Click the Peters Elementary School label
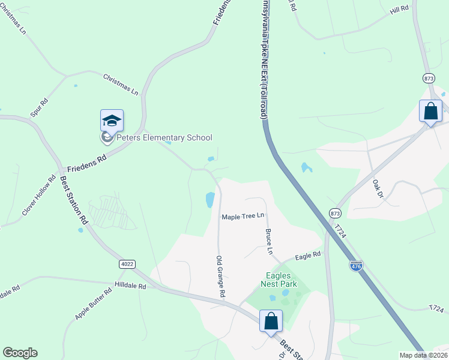click(164, 137)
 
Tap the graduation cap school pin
click(112, 122)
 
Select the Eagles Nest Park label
click(279, 280)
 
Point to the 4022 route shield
click(127, 263)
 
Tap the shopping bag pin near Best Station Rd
click(271, 321)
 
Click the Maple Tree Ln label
click(243, 216)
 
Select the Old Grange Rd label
click(220, 277)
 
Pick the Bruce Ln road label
click(270, 241)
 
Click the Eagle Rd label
click(308, 256)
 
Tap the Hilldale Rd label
click(130, 286)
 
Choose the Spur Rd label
click(39, 106)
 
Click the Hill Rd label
click(399, 10)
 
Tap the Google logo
click(20, 353)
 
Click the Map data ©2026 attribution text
click(423, 355)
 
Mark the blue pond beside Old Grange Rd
click(210, 200)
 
